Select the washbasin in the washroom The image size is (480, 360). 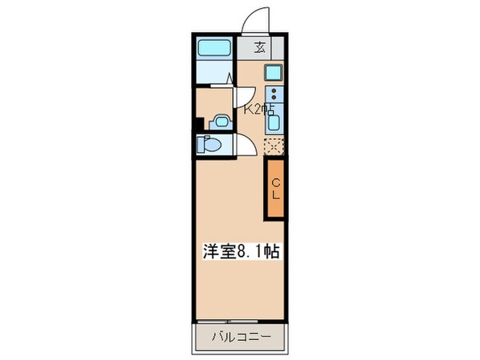[x=220, y=122]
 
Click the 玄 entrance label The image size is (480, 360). [x=259, y=46]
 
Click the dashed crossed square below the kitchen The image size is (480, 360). [x=274, y=146]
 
